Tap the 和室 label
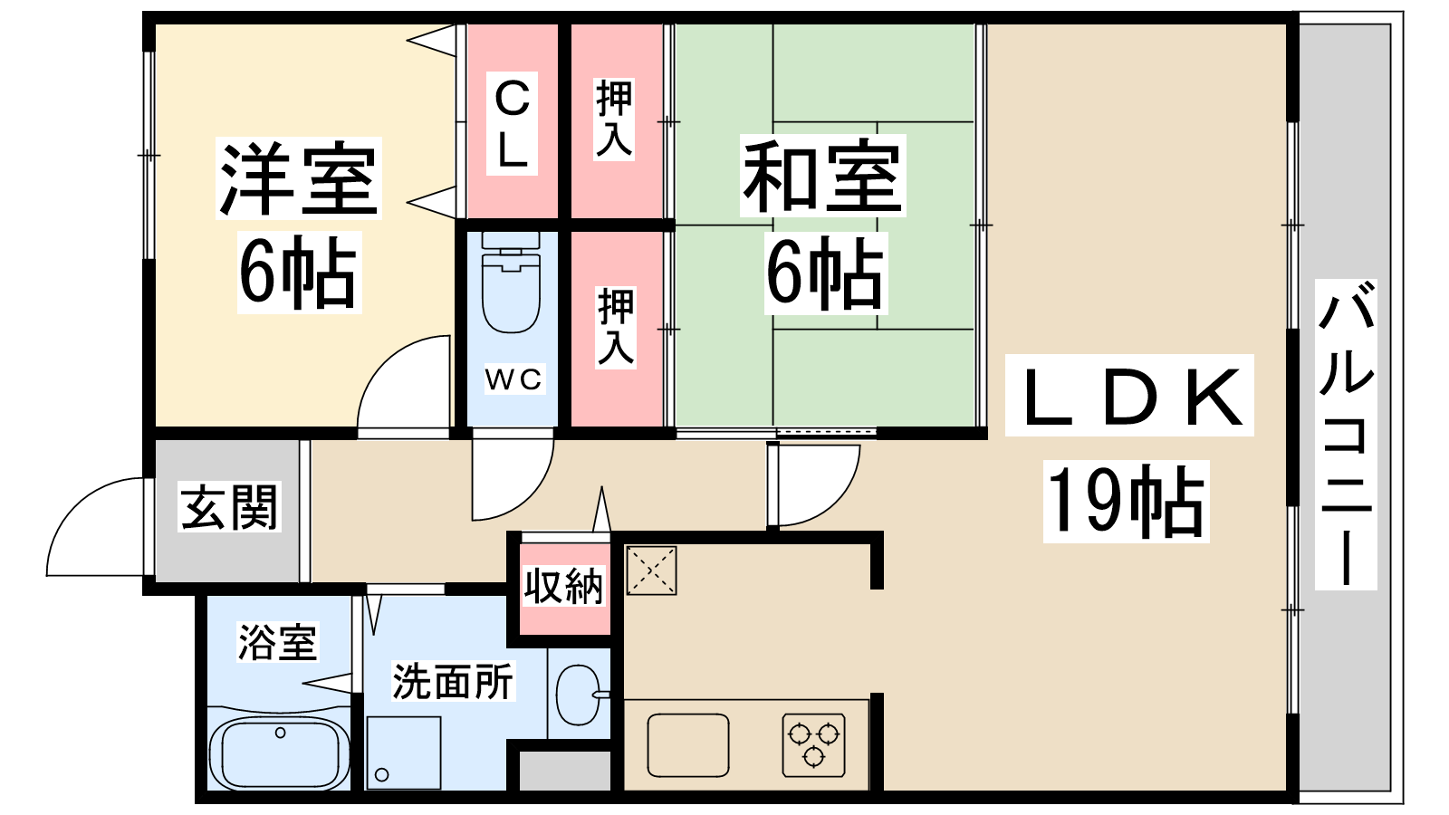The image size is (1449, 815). coord(823,176)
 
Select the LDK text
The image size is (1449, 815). coord(1129,396)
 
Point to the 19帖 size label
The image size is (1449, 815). coord(1127,502)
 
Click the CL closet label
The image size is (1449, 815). coord(512,124)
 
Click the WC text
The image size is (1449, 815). coord(514,379)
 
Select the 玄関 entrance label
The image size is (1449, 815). coord(230,507)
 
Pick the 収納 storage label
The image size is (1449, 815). coord(563,586)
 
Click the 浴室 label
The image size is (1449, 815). coord(278,642)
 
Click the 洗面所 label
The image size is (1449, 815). coord(453,681)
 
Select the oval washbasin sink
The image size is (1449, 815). coord(578,695)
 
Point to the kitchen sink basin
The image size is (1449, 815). coord(688,745)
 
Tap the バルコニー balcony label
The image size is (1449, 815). coord(1346,435)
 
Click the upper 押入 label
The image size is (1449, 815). coord(614,119)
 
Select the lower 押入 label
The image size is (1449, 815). coord(616,327)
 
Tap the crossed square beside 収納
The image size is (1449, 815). coord(651,570)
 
